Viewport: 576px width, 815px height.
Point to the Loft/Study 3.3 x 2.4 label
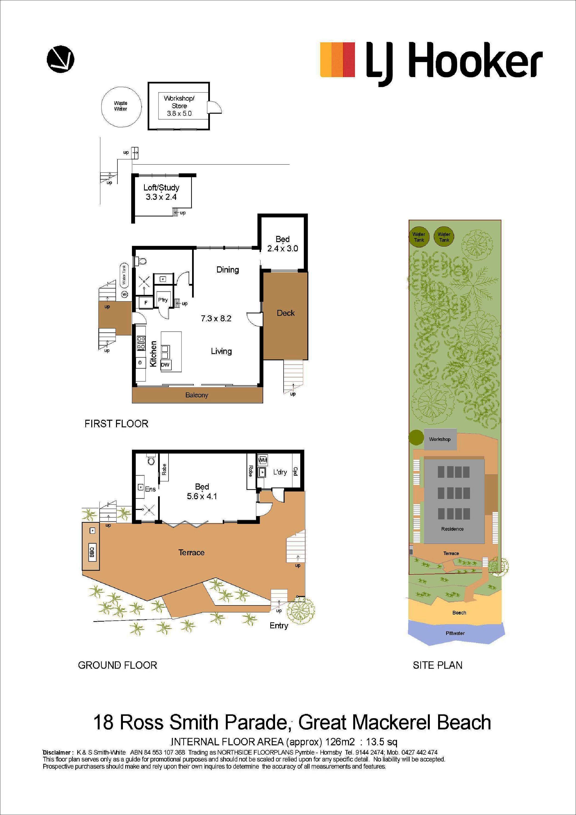(x=161, y=192)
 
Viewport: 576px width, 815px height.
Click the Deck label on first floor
(x=286, y=313)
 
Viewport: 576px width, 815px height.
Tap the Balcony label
(x=197, y=395)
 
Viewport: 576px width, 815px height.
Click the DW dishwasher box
(x=166, y=364)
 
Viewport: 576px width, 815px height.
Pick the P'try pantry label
(x=163, y=300)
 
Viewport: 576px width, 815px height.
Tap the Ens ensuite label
(x=150, y=489)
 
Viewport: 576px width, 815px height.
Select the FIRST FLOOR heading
(x=116, y=424)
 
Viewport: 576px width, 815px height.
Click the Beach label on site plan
(x=459, y=613)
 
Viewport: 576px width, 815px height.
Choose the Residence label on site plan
(x=452, y=529)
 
